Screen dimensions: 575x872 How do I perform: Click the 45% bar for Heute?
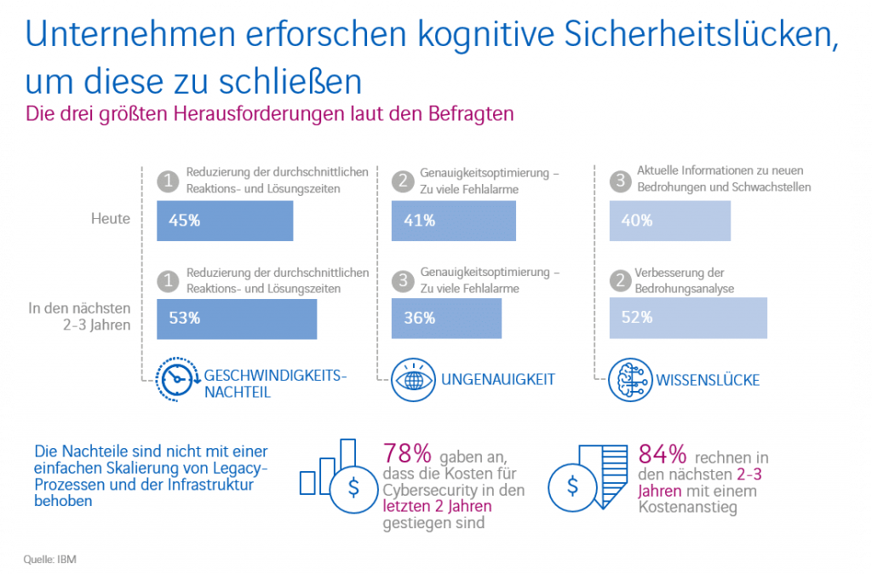pos(225,221)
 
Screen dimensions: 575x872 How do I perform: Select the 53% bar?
pos(237,319)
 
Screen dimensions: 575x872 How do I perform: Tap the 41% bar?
pos(453,221)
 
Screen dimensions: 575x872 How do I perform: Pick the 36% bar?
pos(446,319)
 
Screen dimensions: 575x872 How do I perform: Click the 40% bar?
pos(669,221)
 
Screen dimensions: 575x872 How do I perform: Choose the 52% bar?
pos(688,318)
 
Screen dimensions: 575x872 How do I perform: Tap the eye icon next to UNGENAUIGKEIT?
pos(411,378)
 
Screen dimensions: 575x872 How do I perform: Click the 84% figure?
pos(663,454)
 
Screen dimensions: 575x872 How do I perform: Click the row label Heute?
pos(111,219)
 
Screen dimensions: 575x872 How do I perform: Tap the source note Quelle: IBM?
pos(55,560)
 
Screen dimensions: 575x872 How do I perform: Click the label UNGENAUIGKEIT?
pos(497,378)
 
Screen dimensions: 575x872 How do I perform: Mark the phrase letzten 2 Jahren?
pos(437,507)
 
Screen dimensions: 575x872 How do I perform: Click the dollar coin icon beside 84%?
pos(571,486)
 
